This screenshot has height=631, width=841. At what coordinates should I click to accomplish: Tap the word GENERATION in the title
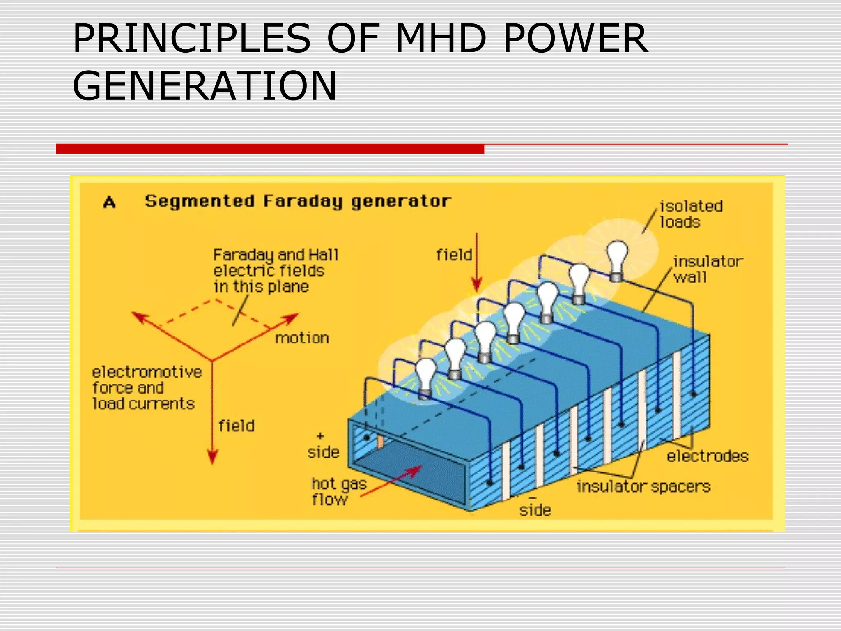pyautogui.click(x=205, y=85)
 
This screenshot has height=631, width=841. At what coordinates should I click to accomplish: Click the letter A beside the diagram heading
pyautogui.click(x=109, y=202)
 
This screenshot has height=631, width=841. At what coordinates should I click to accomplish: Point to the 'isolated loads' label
pyautogui.click(x=691, y=214)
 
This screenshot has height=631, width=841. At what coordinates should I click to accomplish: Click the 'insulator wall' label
pyautogui.click(x=707, y=269)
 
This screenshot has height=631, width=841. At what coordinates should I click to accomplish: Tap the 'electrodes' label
pyautogui.click(x=707, y=456)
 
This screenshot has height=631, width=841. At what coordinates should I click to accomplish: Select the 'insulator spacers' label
pyautogui.click(x=643, y=486)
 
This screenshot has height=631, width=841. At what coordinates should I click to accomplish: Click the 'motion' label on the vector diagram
pyautogui.click(x=302, y=338)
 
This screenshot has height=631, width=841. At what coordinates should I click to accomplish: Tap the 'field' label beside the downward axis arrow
pyautogui.click(x=237, y=426)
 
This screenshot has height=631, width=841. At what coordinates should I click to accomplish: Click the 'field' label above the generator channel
pyautogui.click(x=454, y=255)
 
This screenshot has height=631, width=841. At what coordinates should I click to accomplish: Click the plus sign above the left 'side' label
pyautogui.click(x=321, y=435)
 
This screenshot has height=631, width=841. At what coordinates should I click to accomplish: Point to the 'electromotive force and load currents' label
pyautogui.click(x=146, y=388)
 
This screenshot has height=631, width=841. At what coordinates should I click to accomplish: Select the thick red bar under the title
pyautogui.click(x=270, y=149)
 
